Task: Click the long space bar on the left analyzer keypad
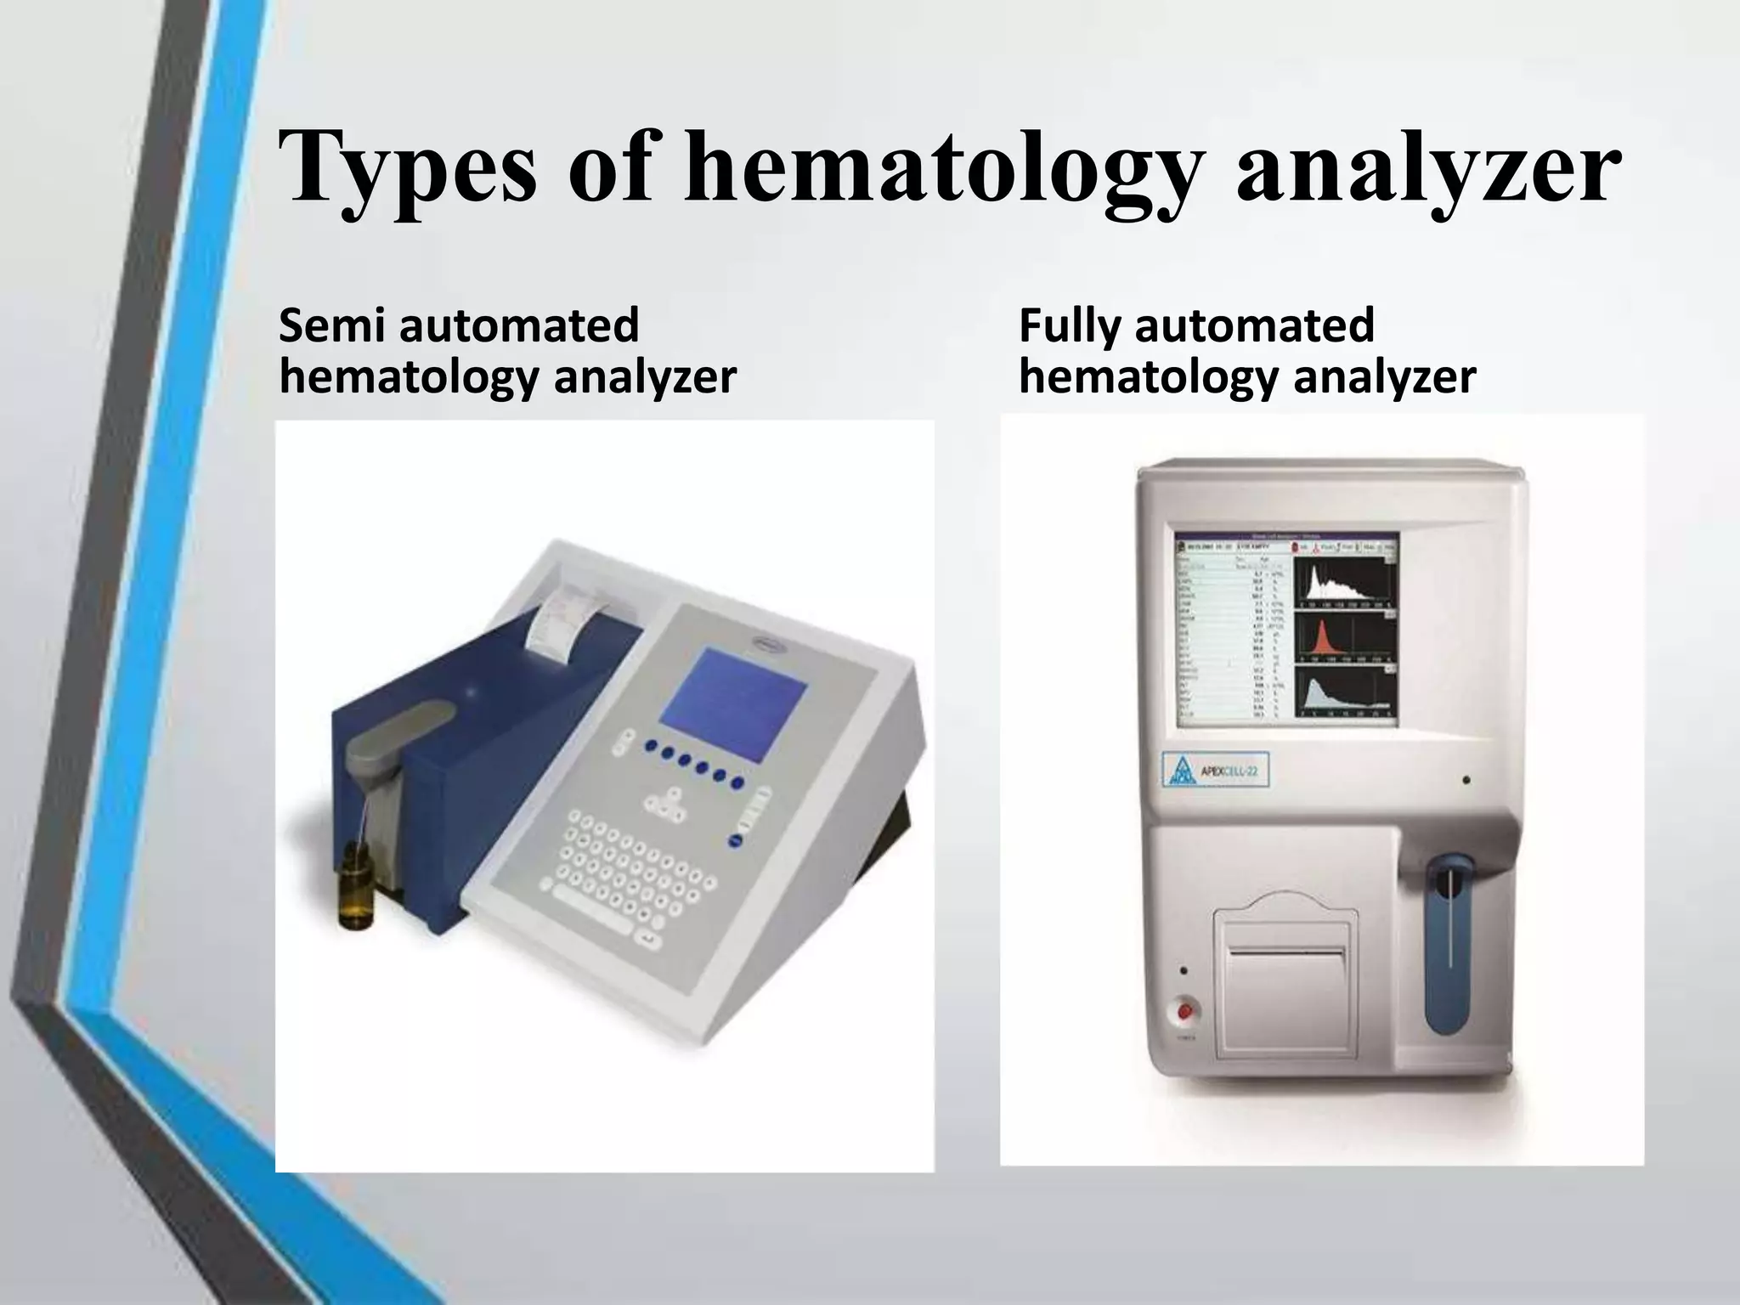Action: pos(590,924)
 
